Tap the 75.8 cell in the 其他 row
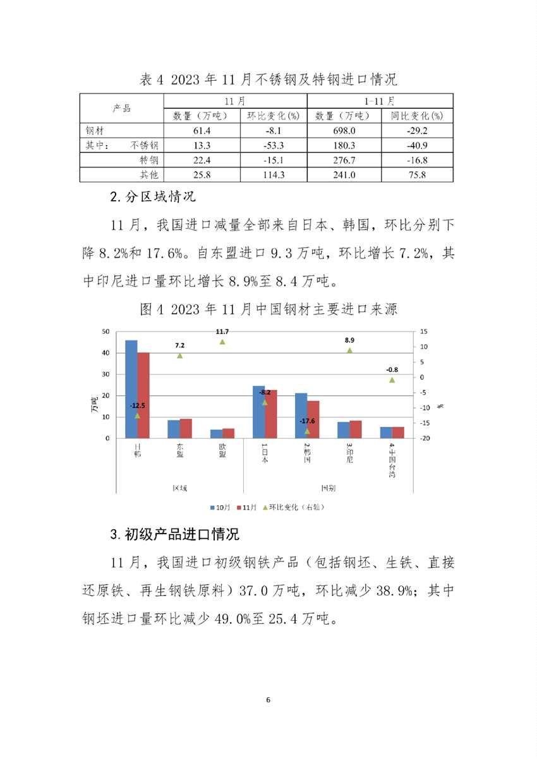[417, 174]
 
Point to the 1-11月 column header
[380, 101]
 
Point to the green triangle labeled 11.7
[222, 342]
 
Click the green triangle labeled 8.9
[349, 350]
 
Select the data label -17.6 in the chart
[308, 421]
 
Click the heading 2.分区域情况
[153, 196]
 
